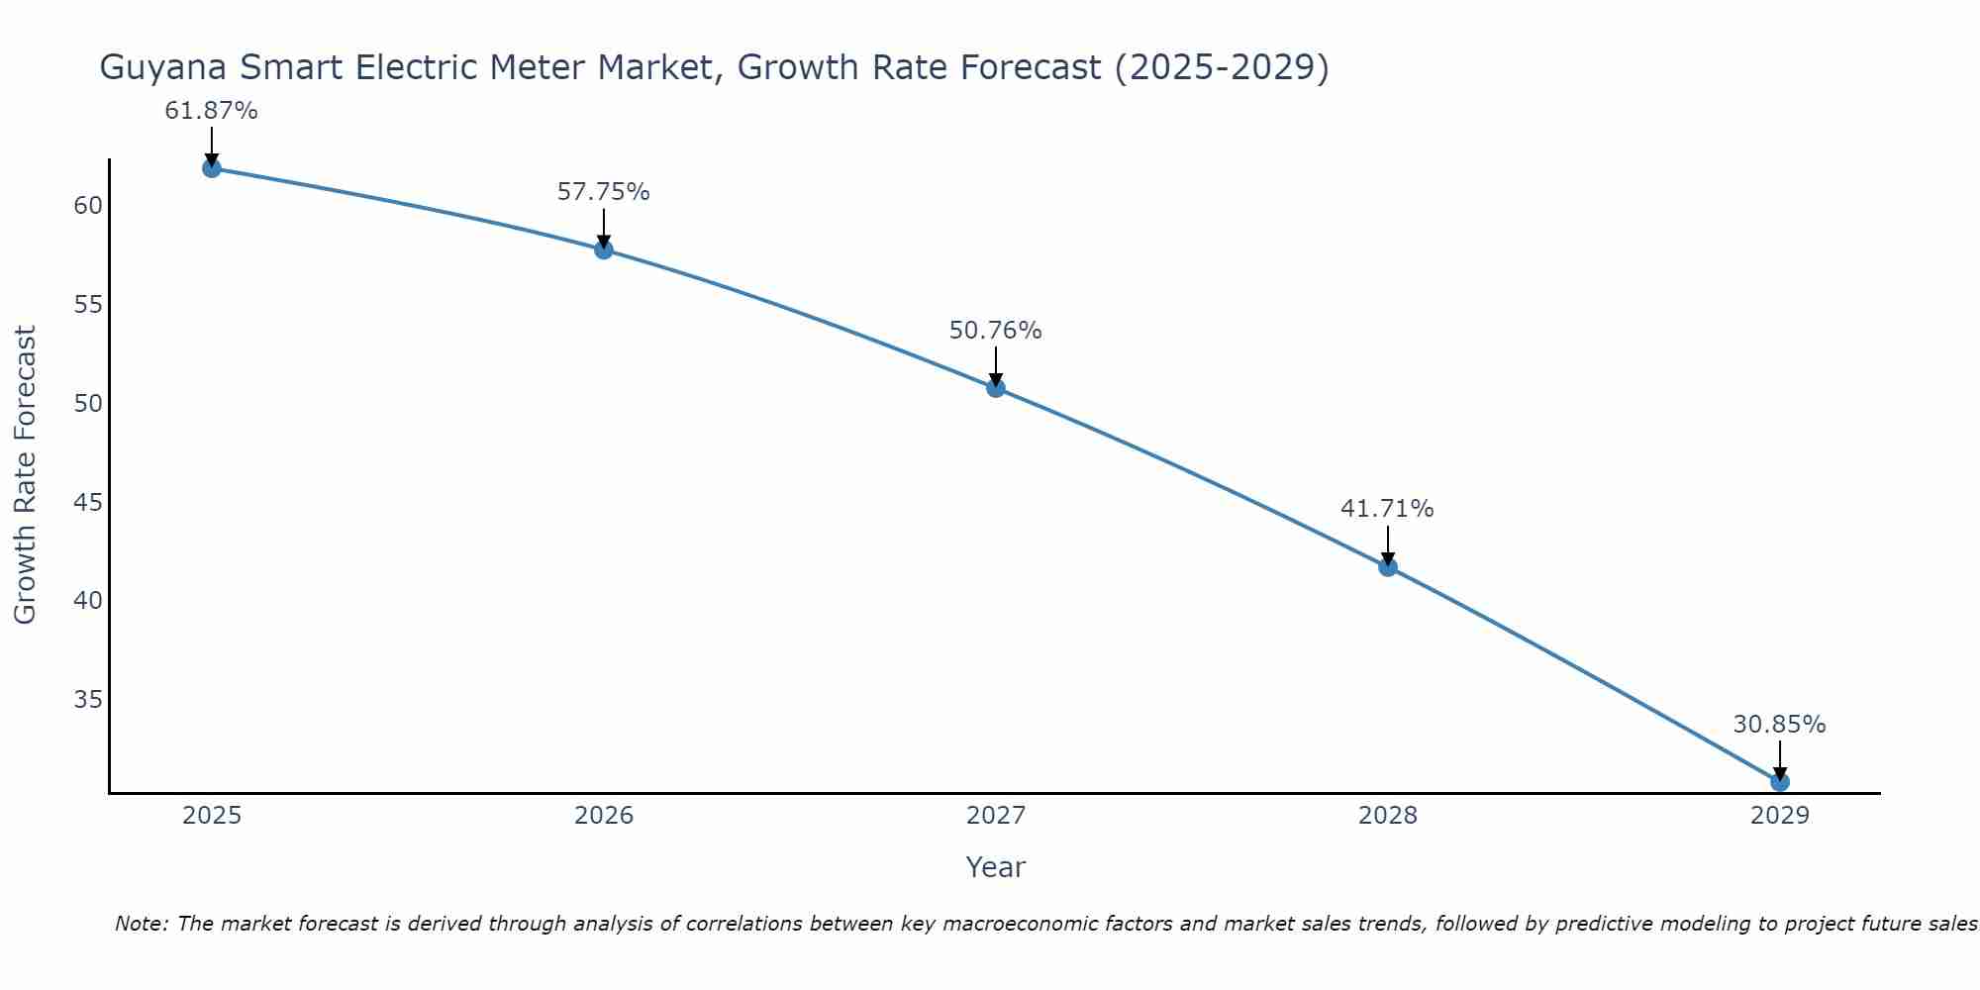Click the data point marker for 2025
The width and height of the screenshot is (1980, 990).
[x=211, y=168]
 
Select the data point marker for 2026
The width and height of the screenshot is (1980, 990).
[x=603, y=249]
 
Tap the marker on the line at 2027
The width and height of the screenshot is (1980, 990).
[x=996, y=388]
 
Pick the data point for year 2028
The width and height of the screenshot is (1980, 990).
[x=1388, y=567]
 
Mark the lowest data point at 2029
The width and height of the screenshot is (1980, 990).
[x=1780, y=782]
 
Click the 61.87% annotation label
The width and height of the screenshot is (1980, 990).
[x=211, y=111]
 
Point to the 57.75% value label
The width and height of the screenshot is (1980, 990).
[x=603, y=192]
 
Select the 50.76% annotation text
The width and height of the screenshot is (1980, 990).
[x=995, y=331]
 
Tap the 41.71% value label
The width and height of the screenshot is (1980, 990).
[x=1387, y=509]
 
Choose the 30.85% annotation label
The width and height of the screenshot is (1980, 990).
[x=1779, y=725]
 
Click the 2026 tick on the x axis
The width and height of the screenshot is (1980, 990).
[x=604, y=816]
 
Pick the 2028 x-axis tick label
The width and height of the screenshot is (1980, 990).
[x=1388, y=816]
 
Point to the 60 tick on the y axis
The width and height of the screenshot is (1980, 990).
[x=88, y=206]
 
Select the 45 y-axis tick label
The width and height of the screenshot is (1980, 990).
[x=88, y=503]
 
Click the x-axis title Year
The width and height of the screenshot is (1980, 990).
[x=995, y=867]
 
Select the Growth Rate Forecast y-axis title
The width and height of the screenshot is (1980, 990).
[x=25, y=475]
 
